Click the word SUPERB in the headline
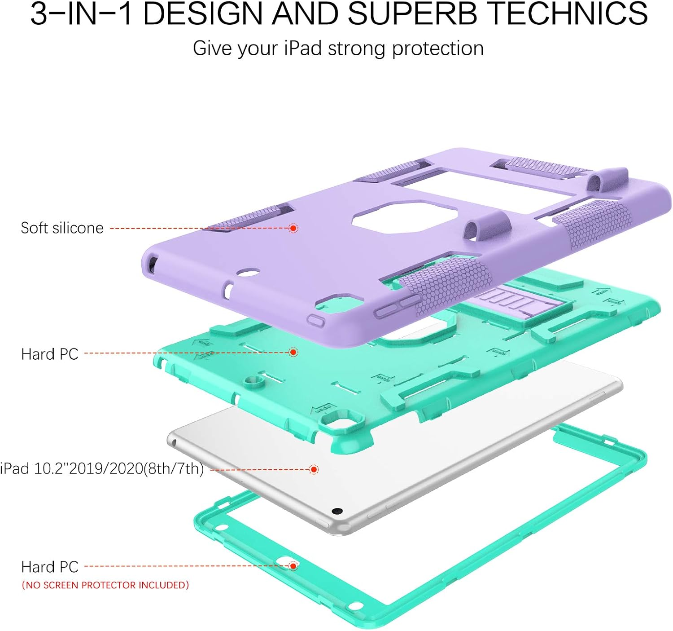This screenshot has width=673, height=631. (412, 13)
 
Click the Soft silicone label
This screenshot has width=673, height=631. (62, 228)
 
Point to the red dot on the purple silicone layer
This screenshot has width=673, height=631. (293, 228)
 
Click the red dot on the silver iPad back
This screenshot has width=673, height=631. (314, 469)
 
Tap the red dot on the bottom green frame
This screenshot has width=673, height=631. (293, 566)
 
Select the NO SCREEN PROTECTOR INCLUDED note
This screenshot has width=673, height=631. (105, 585)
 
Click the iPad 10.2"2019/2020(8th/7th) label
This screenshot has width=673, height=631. (102, 468)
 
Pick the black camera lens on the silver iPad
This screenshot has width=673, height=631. (337, 511)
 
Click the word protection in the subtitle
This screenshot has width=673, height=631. (438, 48)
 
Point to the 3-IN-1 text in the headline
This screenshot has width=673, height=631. (81, 13)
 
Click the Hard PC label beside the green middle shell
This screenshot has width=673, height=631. (50, 354)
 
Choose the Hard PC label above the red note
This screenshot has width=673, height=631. (50, 567)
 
